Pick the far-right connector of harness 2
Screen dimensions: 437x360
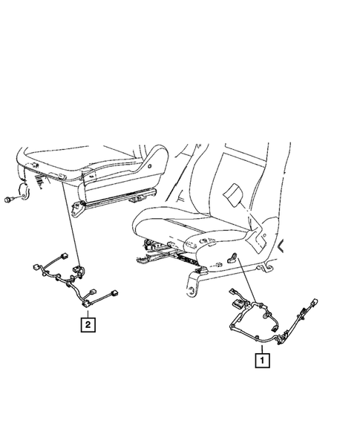click(x=122, y=295)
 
